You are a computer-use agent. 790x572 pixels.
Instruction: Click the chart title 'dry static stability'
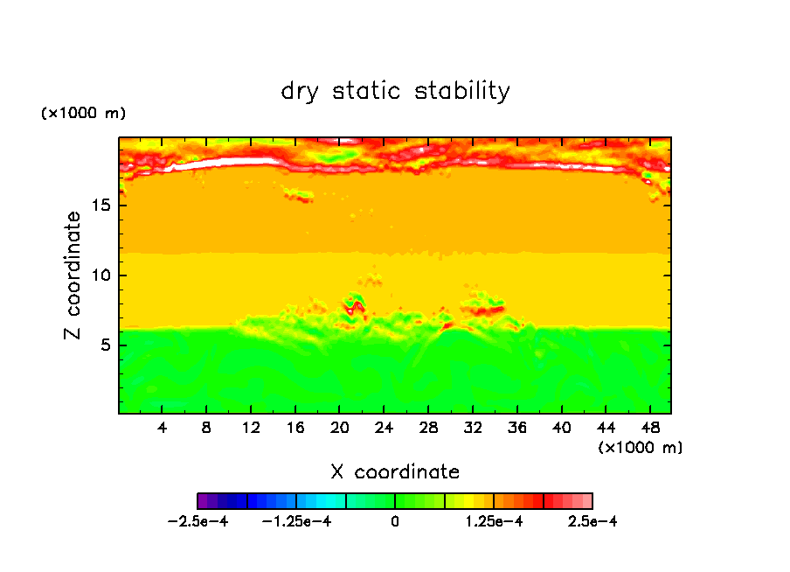(395, 91)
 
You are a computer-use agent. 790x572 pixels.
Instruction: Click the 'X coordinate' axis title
(395, 472)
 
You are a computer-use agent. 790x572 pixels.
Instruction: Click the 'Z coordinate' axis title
(73, 276)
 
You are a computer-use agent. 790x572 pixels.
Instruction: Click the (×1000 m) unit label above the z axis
(83, 114)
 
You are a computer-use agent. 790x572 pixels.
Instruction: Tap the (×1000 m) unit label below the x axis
(640, 447)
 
